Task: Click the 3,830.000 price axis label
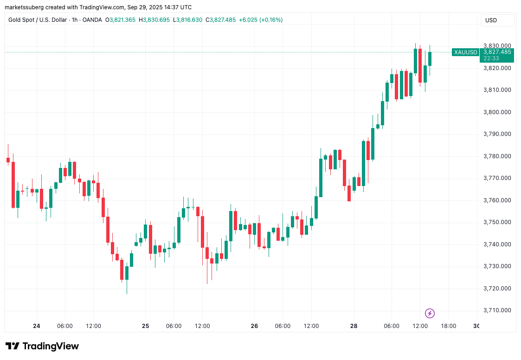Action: point(497,46)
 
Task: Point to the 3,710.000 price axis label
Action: point(497,310)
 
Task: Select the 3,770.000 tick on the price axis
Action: point(497,178)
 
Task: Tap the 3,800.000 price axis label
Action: point(497,112)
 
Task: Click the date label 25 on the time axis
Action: point(146,326)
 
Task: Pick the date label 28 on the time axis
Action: point(354,326)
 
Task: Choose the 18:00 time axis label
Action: point(448,326)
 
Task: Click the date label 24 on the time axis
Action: point(37,326)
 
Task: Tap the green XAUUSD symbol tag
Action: point(465,52)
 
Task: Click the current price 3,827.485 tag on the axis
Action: point(497,52)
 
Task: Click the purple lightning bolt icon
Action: point(430,313)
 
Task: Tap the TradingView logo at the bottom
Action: point(42,346)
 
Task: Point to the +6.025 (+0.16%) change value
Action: point(260,20)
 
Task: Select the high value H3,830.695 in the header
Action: point(155,20)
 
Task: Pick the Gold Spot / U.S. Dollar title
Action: point(38,20)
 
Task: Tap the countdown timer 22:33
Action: point(491,58)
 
